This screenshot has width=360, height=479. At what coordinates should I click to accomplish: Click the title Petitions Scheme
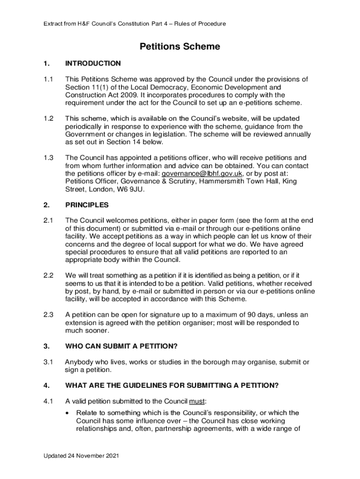180,47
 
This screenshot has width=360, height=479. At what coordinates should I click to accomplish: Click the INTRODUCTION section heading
93,63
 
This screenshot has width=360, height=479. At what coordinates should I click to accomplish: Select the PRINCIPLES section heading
87,205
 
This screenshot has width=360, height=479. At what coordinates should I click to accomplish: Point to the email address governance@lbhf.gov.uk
202,174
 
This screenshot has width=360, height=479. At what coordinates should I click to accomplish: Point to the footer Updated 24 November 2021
79,456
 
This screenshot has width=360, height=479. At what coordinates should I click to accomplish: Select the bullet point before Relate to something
68,413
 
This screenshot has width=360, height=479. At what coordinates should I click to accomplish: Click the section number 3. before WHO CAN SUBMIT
46,346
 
